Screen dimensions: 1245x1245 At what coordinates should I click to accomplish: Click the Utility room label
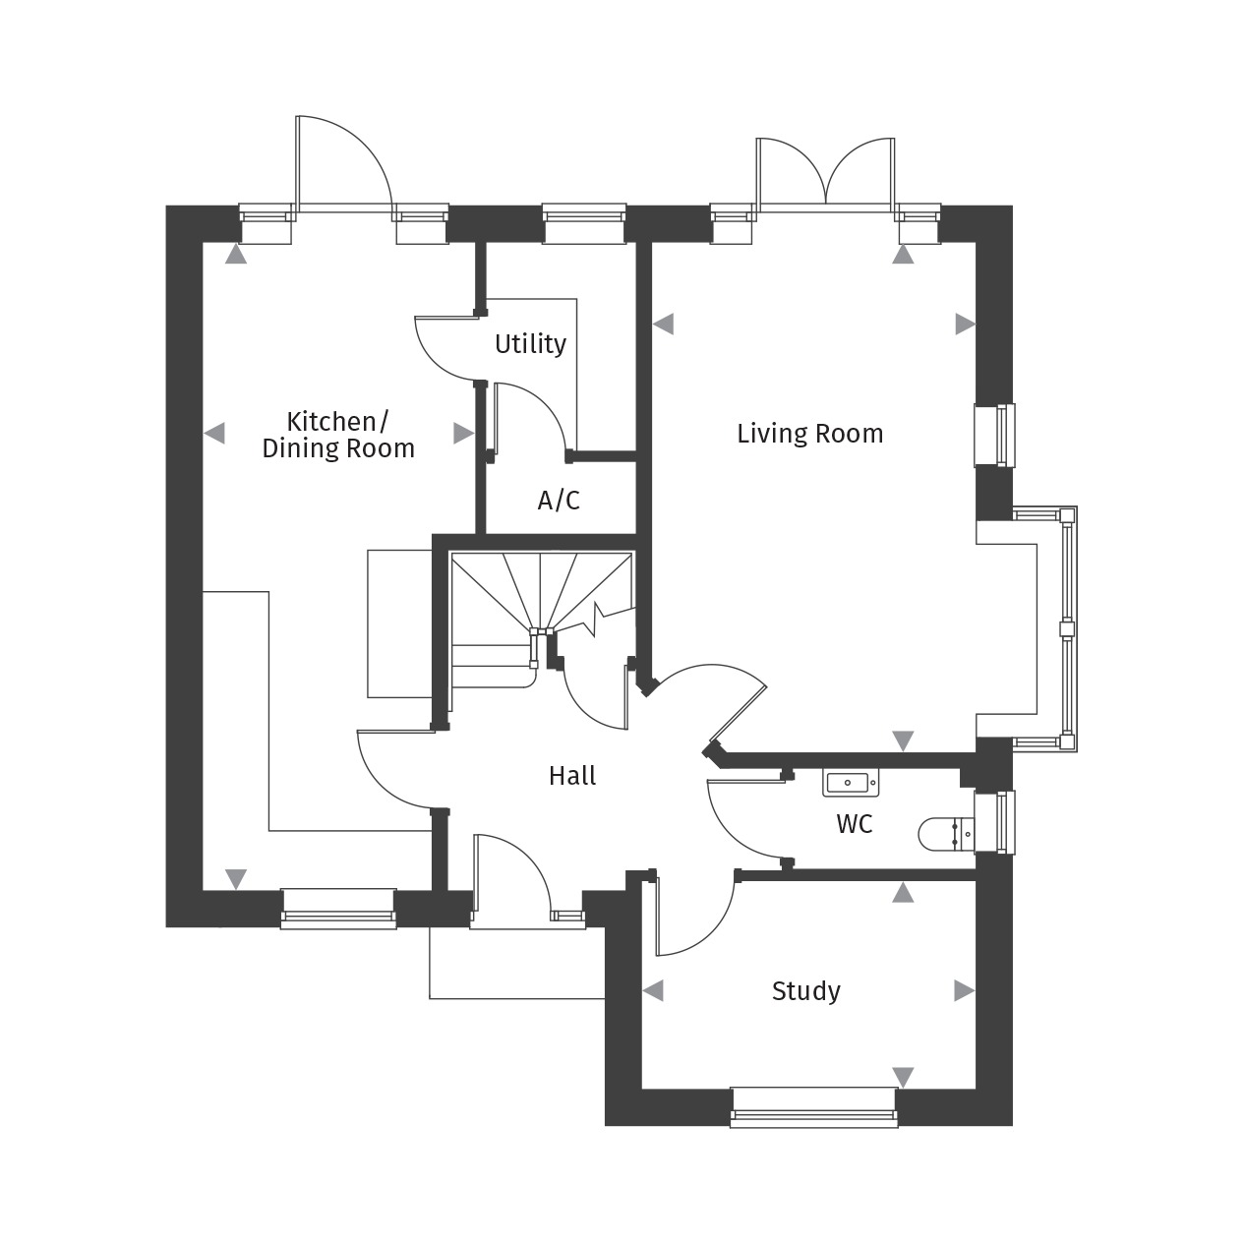coord(530,344)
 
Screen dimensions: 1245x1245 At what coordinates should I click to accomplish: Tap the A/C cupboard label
coord(559,501)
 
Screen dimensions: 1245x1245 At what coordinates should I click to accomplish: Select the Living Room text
coord(809,434)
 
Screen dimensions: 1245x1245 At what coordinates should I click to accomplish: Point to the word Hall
coord(572,776)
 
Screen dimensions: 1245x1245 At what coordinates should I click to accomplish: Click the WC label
coord(854,824)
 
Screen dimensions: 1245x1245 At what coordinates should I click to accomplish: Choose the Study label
coord(805,991)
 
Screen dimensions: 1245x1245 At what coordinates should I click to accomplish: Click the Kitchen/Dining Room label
coord(337,435)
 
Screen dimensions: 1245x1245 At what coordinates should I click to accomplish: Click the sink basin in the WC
coord(850,783)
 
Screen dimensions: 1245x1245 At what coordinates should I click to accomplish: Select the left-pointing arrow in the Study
coord(653,990)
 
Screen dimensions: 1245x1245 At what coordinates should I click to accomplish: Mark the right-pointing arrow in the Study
coord(964,990)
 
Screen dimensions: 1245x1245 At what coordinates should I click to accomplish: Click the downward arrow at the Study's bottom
coord(903,1077)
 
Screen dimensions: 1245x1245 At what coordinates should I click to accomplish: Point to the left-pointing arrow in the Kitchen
coord(214,433)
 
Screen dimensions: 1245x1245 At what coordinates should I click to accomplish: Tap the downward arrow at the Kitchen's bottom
coord(236,878)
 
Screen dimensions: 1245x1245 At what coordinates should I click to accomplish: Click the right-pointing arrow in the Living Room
coord(966,324)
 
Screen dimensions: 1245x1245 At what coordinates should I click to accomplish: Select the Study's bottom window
coord(814,1107)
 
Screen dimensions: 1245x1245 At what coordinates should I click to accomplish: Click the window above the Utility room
coord(584,223)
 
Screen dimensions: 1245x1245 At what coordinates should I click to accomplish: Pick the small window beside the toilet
coord(994,822)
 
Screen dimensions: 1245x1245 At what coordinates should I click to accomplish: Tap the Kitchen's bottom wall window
coord(338,909)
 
